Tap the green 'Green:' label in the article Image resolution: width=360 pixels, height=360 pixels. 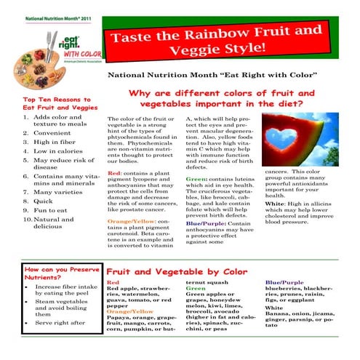pyautogui.click(x=197, y=178)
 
